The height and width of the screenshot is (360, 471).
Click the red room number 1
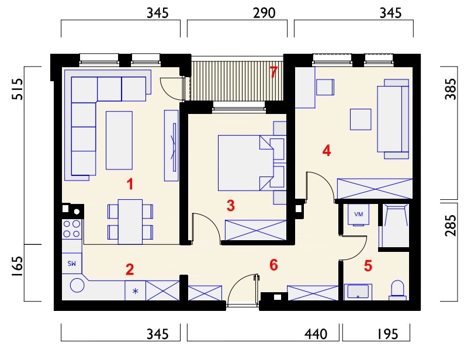(x=130, y=184)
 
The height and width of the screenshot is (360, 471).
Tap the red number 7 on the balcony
(x=273, y=72)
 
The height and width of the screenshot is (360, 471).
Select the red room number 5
(x=368, y=266)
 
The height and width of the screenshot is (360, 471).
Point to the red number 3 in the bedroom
(x=230, y=206)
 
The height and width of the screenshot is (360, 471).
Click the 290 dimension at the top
(x=264, y=13)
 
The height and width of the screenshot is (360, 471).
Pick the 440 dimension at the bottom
(x=316, y=334)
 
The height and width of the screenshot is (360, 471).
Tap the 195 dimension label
(x=388, y=334)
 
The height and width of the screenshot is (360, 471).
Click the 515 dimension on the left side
(x=17, y=89)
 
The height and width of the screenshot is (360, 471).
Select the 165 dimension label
(x=17, y=267)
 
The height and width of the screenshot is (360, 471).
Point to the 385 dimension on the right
(x=451, y=89)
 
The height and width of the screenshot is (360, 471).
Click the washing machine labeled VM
(x=358, y=214)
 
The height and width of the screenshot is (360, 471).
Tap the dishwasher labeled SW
(x=72, y=263)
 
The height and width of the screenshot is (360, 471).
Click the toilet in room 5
(x=398, y=290)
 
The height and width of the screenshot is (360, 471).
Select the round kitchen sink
(x=77, y=285)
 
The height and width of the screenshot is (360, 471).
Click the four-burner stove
(x=72, y=229)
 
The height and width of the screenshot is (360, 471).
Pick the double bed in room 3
(x=251, y=163)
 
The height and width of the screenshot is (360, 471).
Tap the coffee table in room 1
(x=119, y=140)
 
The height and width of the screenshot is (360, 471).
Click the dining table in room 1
(x=130, y=221)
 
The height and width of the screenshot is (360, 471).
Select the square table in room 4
(x=361, y=119)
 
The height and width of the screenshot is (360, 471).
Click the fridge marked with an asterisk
(x=135, y=290)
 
